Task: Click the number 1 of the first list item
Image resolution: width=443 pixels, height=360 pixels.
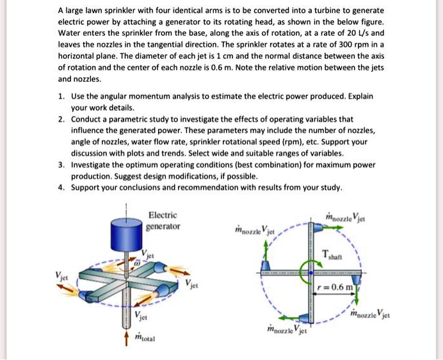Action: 60,96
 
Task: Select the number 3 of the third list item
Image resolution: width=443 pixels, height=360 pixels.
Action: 60,165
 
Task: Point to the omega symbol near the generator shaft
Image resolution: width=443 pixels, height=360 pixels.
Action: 136,263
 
